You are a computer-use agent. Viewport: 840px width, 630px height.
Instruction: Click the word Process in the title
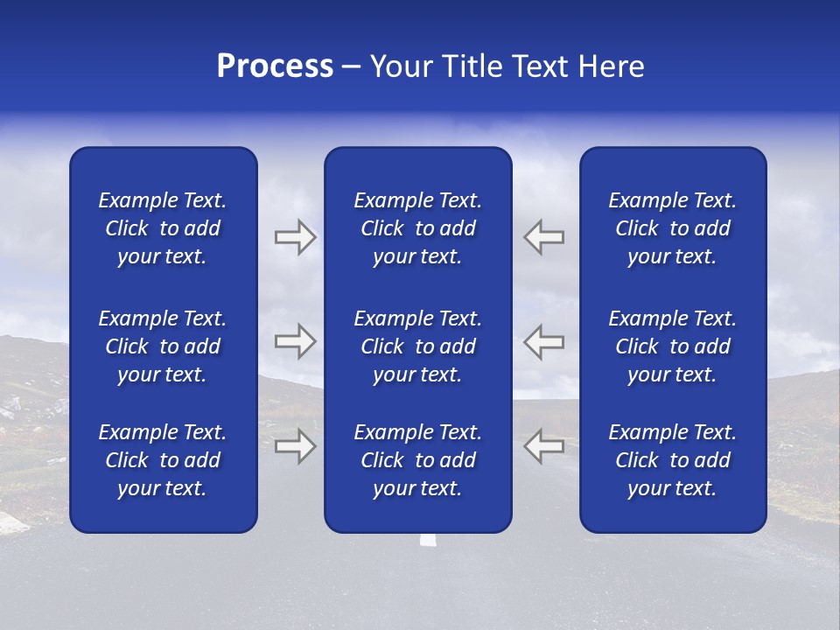[x=275, y=66]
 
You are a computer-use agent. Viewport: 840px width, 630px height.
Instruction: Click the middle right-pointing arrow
[x=295, y=341]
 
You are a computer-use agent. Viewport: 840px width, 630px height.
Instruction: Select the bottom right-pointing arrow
[x=295, y=446]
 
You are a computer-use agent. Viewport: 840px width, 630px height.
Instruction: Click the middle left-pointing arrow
[x=543, y=341]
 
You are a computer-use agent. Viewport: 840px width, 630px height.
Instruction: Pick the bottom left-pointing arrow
[x=543, y=446]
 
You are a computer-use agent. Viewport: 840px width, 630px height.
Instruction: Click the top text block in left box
[x=163, y=228]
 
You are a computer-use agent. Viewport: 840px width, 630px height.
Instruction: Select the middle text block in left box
[x=163, y=346]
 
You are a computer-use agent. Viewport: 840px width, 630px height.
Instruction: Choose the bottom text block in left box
[x=163, y=460]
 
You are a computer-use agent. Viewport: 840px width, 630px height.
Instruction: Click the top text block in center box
[x=417, y=228]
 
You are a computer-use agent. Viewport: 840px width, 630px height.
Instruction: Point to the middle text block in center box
[x=417, y=346]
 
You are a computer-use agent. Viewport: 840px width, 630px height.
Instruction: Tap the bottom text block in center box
[x=417, y=460]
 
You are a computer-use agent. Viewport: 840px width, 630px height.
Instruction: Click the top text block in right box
[x=672, y=228]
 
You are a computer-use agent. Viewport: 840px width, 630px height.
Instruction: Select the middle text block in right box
[x=672, y=346]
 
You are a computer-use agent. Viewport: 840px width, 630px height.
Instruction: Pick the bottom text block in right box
[x=672, y=460]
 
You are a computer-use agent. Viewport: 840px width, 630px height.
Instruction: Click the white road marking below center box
[x=427, y=540]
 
